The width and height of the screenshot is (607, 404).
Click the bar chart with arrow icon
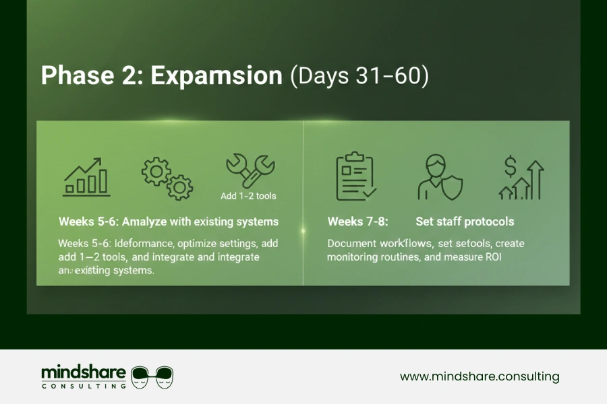tap(86, 176)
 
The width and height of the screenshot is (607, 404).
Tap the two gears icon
tap(167, 178)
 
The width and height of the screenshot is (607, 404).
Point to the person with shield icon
tap(439, 178)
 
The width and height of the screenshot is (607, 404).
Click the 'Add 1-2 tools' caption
tap(248, 197)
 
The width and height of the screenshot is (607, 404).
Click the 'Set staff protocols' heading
tap(465, 222)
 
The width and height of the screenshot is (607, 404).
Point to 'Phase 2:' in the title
tap(91, 75)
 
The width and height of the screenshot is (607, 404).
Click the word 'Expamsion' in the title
tap(216, 75)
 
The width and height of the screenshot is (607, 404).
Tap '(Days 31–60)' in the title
tap(359, 75)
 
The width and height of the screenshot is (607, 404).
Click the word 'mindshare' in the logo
tap(83, 372)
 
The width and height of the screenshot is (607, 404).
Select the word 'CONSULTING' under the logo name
tap(83, 386)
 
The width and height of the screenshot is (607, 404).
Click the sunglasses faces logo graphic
tap(152, 377)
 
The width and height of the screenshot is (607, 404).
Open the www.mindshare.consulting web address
tap(480, 376)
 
